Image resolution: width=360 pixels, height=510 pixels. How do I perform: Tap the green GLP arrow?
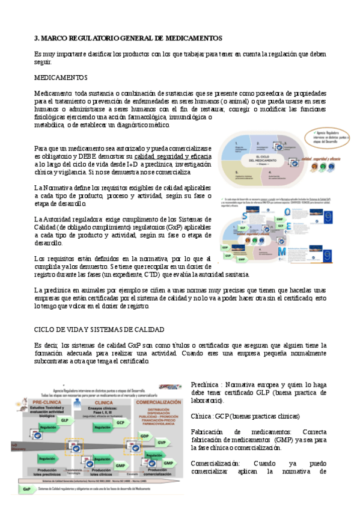[x=64, y=420]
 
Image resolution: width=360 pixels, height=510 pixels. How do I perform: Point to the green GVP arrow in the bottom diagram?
[x=162, y=442]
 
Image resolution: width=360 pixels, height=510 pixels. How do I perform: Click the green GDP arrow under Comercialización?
[x=144, y=435]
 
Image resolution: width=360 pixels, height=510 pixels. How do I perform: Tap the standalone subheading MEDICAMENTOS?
[x=61, y=78]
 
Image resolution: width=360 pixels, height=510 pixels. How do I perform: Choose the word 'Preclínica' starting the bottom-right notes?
[x=203, y=384]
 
